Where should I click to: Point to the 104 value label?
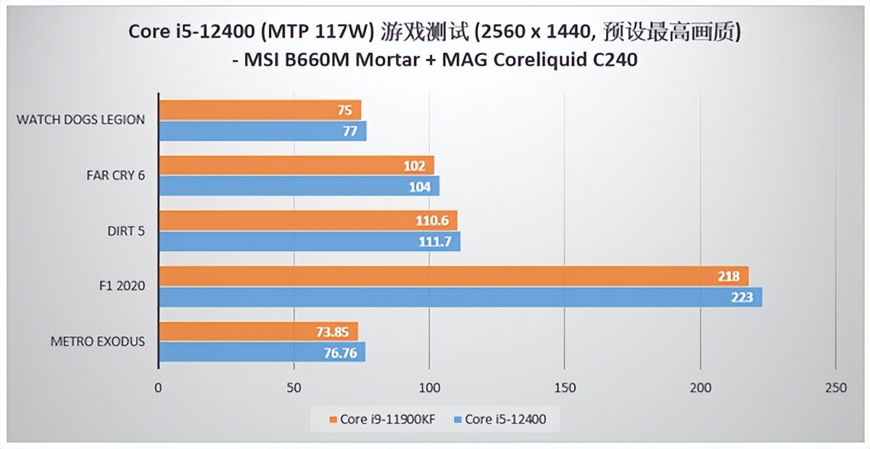pyautogui.click(x=419, y=187)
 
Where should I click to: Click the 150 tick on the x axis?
pyautogui.click(x=565, y=388)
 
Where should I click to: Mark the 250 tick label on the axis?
pyautogui.click(x=835, y=388)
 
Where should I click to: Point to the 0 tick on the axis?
pyautogui.click(x=158, y=388)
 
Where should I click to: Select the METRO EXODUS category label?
pyautogui.click(x=97, y=341)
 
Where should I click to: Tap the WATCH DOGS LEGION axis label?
pyautogui.click(x=80, y=119)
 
